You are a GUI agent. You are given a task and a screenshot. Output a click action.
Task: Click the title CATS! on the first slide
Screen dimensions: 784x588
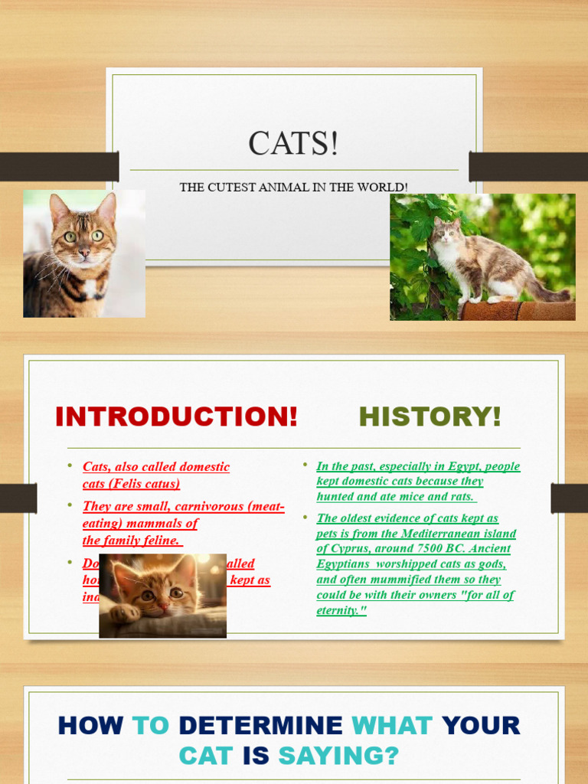[x=293, y=143]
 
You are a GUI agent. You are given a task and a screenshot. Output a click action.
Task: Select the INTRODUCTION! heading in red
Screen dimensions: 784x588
[x=176, y=417]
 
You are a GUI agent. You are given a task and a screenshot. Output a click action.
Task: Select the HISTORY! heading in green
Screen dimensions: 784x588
[x=430, y=417]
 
